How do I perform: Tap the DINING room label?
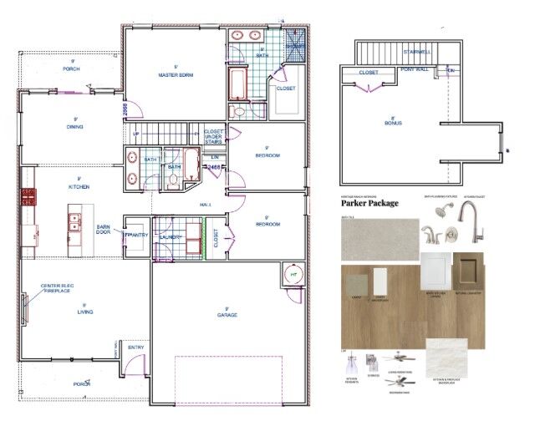click(x=76, y=127)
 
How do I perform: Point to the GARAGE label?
click(x=227, y=315)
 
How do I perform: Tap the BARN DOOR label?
click(x=104, y=229)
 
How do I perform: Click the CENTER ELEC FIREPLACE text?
click(x=56, y=289)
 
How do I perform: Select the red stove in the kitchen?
click(x=28, y=198)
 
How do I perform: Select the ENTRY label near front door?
click(x=135, y=347)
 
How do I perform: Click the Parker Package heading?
click(x=369, y=203)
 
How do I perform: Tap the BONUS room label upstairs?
click(x=394, y=124)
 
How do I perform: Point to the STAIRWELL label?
click(x=416, y=52)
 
